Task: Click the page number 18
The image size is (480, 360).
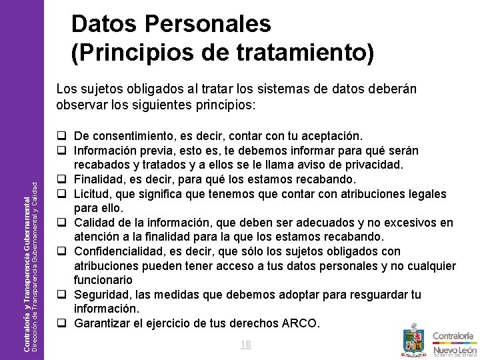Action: [x=245, y=345]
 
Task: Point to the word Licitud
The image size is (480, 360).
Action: [x=94, y=193]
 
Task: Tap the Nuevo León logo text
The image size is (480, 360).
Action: [x=455, y=349]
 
